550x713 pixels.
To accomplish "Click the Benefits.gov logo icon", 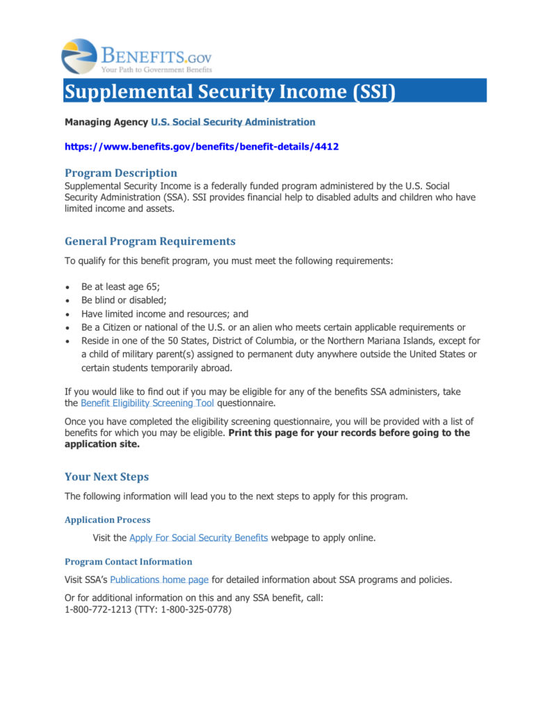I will [79, 56].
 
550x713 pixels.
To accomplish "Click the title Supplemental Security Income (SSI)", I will [229, 91].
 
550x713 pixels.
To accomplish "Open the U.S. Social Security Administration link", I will [233, 122].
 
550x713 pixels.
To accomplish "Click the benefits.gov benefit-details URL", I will [202, 147].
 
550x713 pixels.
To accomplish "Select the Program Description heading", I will [121, 173].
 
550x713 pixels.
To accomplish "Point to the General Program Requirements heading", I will [150, 241].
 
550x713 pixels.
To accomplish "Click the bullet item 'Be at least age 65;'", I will [121, 286].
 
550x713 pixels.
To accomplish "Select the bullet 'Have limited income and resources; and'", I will [165, 314].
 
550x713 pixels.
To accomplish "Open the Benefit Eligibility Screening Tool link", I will [147, 403].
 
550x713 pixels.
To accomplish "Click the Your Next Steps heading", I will [106, 477].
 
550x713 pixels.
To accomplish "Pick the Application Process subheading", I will [107, 519].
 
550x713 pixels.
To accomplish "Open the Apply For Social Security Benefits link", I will [198, 538].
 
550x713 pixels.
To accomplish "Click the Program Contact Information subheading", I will [128, 561].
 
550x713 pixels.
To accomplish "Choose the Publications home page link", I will [159, 579].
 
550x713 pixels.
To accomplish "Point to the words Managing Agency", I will [106, 122].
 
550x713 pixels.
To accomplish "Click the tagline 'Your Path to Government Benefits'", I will [156, 70].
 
